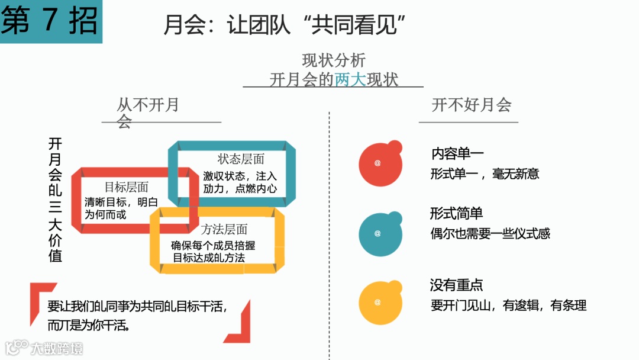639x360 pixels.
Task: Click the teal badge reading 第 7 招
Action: [x=50, y=21]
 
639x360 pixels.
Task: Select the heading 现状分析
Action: [x=334, y=60]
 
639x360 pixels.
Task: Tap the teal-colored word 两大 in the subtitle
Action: [x=350, y=79]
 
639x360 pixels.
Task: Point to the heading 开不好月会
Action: [x=471, y=105]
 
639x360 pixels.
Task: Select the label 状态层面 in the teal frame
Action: [x=241, y=159]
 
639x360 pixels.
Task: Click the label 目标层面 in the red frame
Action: [x=126, y=187]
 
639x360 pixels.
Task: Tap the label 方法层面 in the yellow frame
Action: [x=224, y=229]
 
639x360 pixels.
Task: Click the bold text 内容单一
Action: [x=457, y=154]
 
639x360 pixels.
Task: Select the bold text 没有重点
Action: [x=456, y=285]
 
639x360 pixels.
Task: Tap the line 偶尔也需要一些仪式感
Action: [x=490, y=233]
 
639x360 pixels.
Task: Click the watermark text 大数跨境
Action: [x=57, y=348]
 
